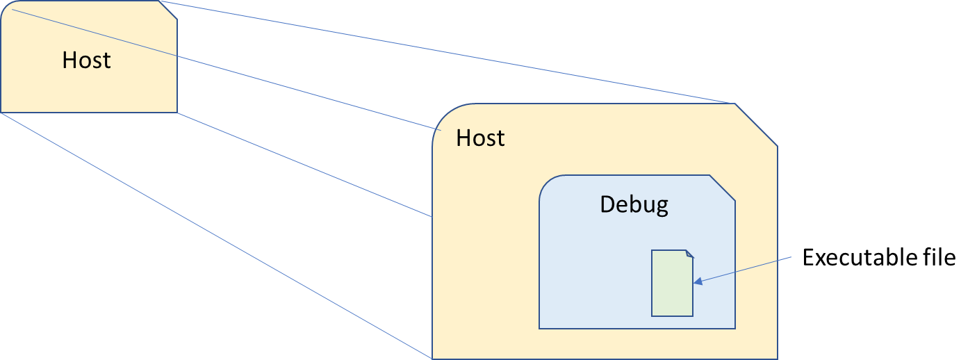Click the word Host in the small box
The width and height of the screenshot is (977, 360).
click(x=86, y=60)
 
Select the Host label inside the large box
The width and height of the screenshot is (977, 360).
click(x=480, y=138)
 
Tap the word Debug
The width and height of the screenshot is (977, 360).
click(x=634, y=204)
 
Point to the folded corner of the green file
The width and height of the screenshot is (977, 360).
click(x=689, y=254)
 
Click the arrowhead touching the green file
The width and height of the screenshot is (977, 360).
click(x=697, y=281)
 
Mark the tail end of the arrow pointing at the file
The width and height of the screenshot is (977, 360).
click(x=791, y=257)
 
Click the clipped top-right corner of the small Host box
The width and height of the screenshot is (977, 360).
click(x=168, y=10)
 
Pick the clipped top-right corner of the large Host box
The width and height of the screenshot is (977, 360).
click(x=756, y=124)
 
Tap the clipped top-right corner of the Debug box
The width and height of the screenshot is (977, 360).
click(x=723, y=188)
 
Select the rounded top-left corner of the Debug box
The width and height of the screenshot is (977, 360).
click(x=546, y=182)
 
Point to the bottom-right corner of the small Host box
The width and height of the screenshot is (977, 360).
click(x=176, y=112)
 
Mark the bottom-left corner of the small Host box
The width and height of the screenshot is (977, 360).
click(x=1, y=112)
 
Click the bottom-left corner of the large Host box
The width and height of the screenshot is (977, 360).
click(x=433, y=358)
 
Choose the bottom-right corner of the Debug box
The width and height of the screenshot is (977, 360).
click(x=734, y=328)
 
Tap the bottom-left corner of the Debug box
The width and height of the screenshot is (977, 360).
click(x=540, y=328)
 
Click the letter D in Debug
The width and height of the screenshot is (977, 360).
click(x=607, y=204)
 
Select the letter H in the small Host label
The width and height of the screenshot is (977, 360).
click(x=69, y=60)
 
